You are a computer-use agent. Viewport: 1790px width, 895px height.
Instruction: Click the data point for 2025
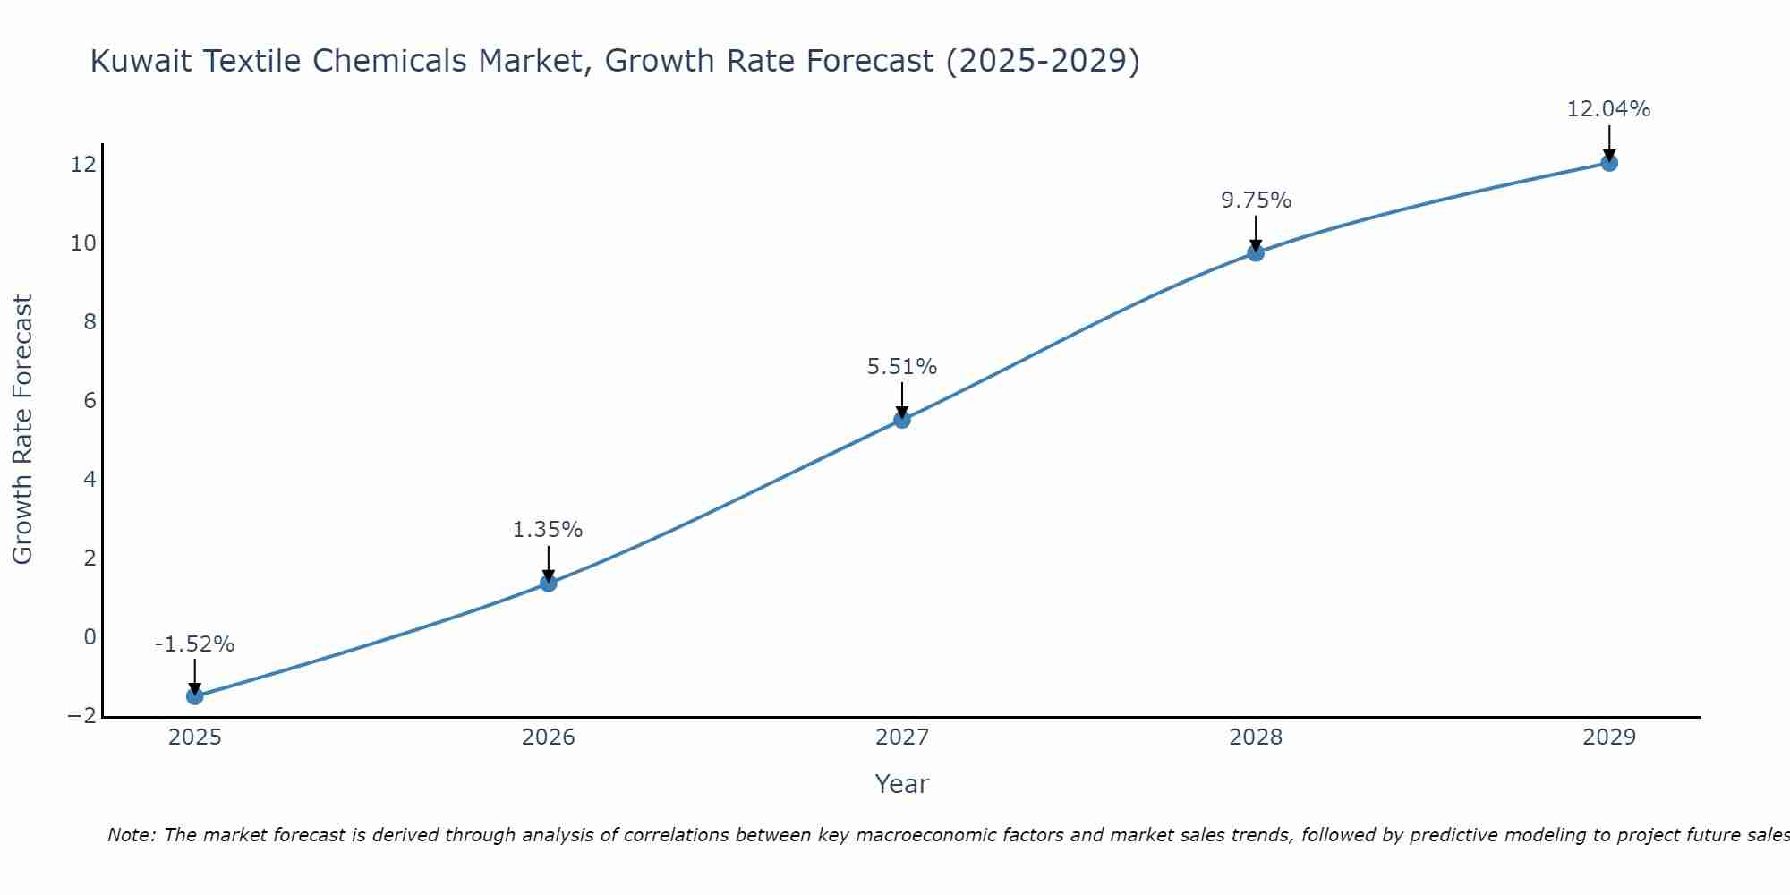(x=195, y=696)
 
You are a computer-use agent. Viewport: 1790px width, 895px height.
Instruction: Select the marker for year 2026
(x=549, y=584)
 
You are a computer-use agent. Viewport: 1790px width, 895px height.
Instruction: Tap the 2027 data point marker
(x=902, y=420)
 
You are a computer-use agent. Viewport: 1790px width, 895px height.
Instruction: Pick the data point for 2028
(x=1256, y=253)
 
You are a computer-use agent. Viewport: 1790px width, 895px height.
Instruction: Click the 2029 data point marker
(x=1609, y=163)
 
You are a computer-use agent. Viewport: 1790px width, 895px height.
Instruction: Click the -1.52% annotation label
(x=194, y=644)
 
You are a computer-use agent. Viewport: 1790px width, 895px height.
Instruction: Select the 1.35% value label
(x=548, y=530)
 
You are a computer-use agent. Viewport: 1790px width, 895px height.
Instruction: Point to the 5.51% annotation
(x=902, y=367)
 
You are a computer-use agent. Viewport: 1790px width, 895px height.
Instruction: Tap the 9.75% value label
(x=1256, y=200)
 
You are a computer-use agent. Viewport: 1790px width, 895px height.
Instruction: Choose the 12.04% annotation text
(x=1608, y=109)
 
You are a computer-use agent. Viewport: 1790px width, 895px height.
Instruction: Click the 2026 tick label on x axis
(x=549, y=737)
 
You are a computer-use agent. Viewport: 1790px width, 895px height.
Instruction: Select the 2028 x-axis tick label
(x=1256, y=737)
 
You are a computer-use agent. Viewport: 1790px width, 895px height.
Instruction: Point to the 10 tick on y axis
(x=83, y=243)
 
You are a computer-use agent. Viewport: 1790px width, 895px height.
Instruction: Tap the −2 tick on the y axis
(x=81, y=716)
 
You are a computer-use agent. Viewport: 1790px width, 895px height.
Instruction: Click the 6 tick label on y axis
(x=89, y=401)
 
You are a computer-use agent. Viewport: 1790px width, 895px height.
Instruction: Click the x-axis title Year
(x=902, y=784)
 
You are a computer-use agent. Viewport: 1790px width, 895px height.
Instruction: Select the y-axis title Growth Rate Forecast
(x=22, y=430)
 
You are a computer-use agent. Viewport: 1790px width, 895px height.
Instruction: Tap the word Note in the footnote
(x=132, y=835)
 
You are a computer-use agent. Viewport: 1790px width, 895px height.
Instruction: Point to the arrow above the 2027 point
(x=902, y=399)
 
